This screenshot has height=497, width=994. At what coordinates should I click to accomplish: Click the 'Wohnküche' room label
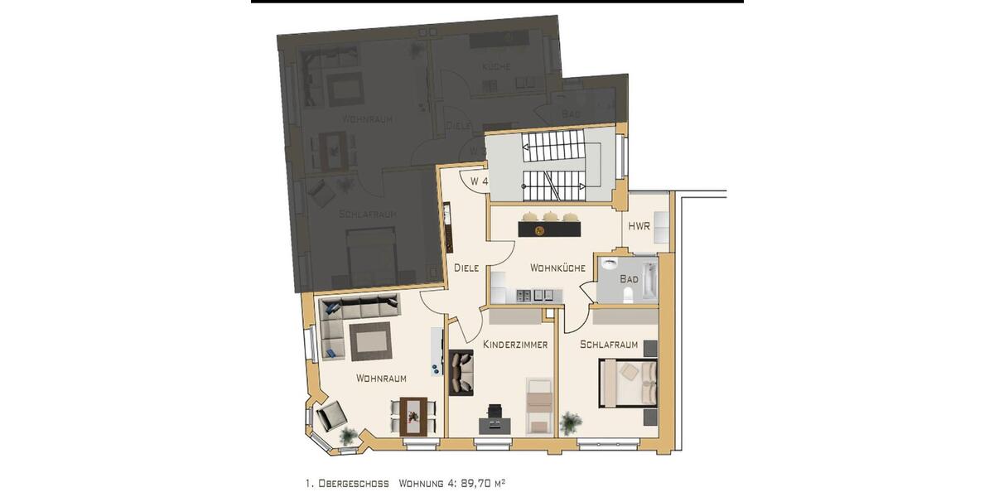tap(557, 268)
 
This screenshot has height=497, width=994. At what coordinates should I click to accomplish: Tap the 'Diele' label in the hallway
tap(466, 268)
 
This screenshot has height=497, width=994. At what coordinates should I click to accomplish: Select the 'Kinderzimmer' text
tap(515, 345)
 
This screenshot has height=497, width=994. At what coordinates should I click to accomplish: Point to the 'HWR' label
tap(639, 226)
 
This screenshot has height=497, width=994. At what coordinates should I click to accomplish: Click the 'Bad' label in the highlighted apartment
tap(629, 279)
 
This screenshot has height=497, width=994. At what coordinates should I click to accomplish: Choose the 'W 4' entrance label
tap(479, 181)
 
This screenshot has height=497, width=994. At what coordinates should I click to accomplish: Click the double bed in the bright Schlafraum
tap(630, 383)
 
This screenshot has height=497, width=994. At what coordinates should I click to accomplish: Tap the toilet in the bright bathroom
tap(627, 295)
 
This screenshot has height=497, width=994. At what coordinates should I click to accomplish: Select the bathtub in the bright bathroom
tap(649, 280)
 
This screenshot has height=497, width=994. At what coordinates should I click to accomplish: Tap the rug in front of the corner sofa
tap(369, 341)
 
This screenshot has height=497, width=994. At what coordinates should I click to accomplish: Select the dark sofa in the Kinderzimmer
tap(460, 373)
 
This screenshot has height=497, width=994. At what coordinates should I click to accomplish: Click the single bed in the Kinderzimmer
tap(540, 404)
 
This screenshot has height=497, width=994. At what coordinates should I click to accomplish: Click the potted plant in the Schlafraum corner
tap(570, 422)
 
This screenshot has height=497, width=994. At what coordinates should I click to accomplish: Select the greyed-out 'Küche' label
tap(497, 66)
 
